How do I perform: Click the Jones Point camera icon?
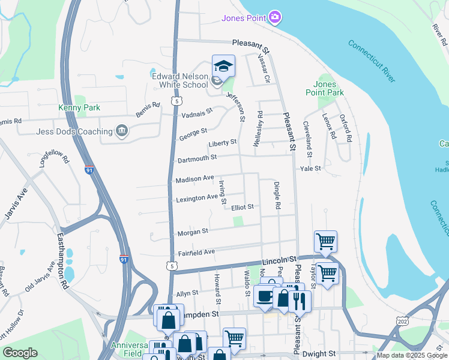275,17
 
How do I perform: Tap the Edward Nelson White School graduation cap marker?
223,66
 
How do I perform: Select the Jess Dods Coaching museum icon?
122,131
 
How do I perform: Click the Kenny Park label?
74,108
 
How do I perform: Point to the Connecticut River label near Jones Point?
372,61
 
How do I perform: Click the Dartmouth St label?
196,159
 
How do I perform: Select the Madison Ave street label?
194,179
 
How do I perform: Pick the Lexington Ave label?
197,197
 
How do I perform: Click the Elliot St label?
243,207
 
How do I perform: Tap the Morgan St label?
193,231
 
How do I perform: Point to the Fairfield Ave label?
196,253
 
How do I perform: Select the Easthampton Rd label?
62,258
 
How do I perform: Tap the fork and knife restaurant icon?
300,299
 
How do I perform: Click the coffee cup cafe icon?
264,295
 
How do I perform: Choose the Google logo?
20,353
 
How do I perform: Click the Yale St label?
312,169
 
